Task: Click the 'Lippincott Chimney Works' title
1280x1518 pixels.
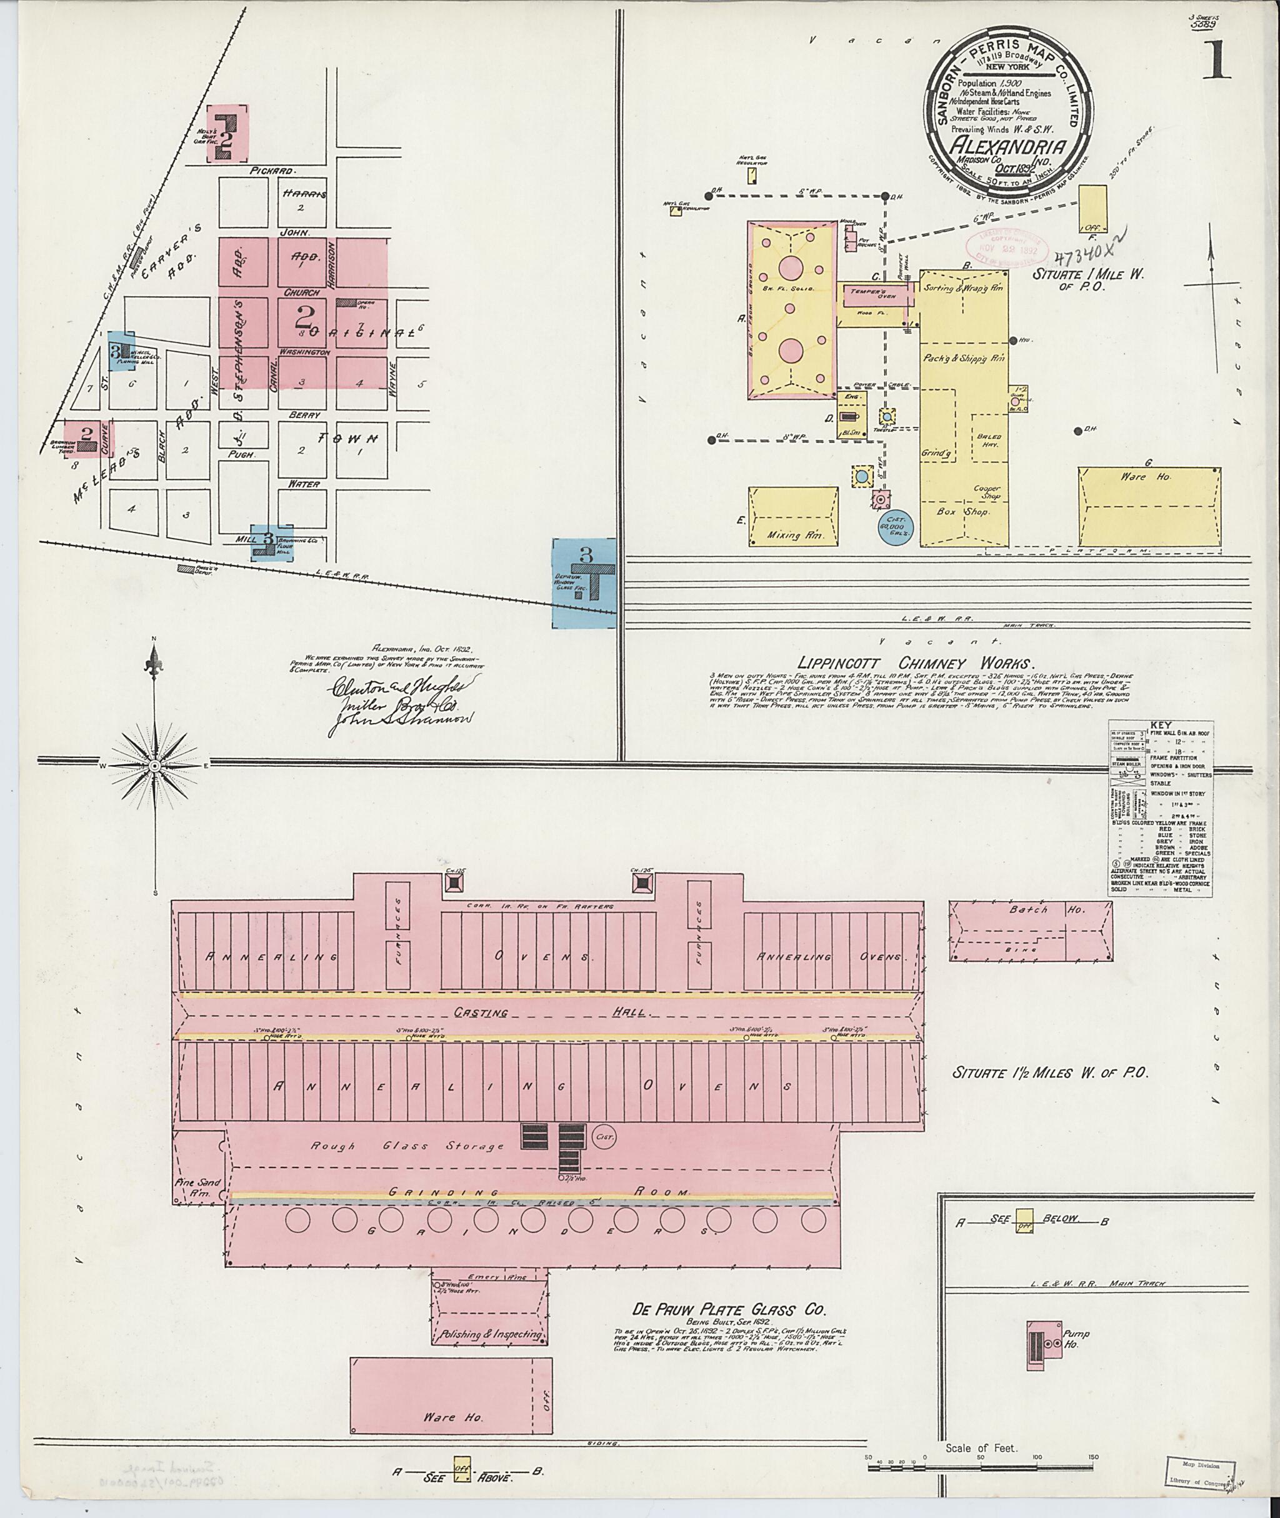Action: [x=914, y=663]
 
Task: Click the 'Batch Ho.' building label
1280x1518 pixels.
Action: [x=1045, y=910]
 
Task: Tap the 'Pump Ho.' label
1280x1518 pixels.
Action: [x=1076, y=1339]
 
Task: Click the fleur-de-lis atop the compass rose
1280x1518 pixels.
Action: [x=154, y=659]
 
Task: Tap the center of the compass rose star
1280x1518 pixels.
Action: [x=154, y=766]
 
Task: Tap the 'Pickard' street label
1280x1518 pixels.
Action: [x=272, y=171]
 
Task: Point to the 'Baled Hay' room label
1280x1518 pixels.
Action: [x=991, y=441]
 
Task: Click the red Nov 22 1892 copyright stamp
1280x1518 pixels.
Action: [x=1006, y=247]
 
